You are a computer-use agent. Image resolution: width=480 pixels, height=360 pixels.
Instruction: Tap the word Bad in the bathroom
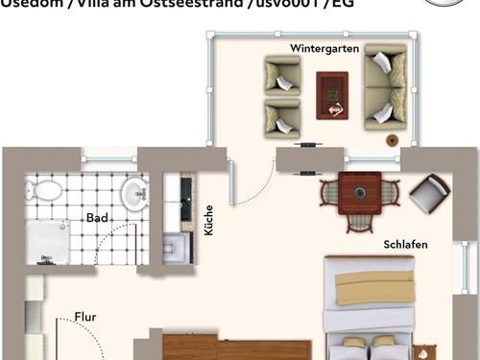97,218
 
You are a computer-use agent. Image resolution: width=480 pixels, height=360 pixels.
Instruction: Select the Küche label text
208,221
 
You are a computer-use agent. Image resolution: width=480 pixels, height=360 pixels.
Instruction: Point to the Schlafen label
403,244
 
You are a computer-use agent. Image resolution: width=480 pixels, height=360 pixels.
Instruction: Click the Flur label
85,316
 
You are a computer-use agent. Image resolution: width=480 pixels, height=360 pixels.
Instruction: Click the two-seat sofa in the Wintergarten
385,88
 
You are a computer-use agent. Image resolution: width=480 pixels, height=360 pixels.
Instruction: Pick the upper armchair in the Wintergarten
282,74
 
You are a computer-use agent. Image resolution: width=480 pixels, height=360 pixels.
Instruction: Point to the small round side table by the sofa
393,140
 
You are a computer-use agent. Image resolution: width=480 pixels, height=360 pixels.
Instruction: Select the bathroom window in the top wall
109,154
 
